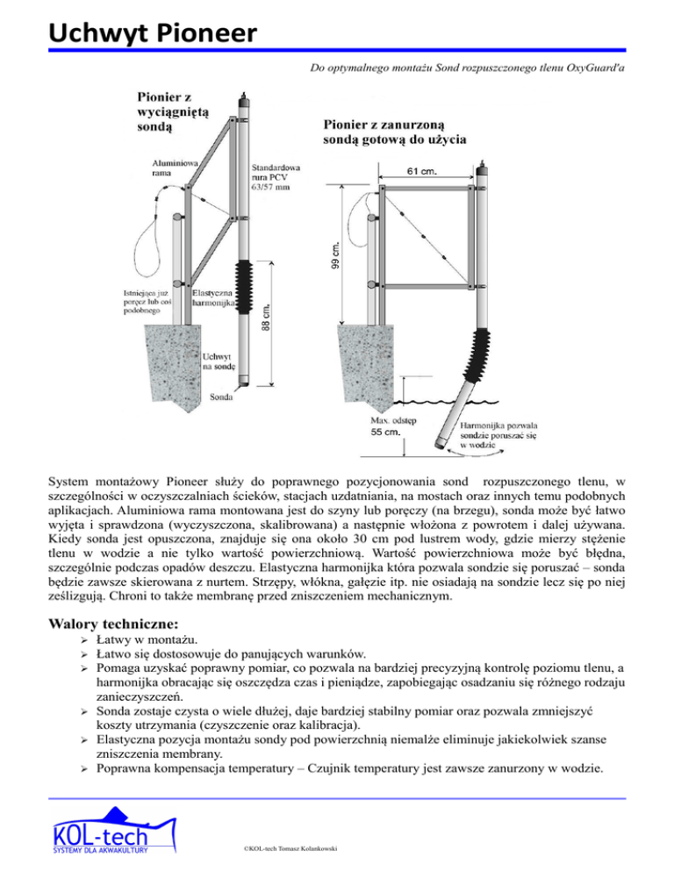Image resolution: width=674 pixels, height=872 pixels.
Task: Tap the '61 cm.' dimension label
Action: [x=422, y=172]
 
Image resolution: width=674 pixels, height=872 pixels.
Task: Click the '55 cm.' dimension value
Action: [x=384, y=432]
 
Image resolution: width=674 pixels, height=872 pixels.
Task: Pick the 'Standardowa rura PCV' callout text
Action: [x=277, y=175]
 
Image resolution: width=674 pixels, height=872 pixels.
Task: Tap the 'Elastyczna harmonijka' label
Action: [x=212, y=299]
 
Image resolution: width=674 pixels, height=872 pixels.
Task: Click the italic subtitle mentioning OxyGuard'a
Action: [x=470, y=67]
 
